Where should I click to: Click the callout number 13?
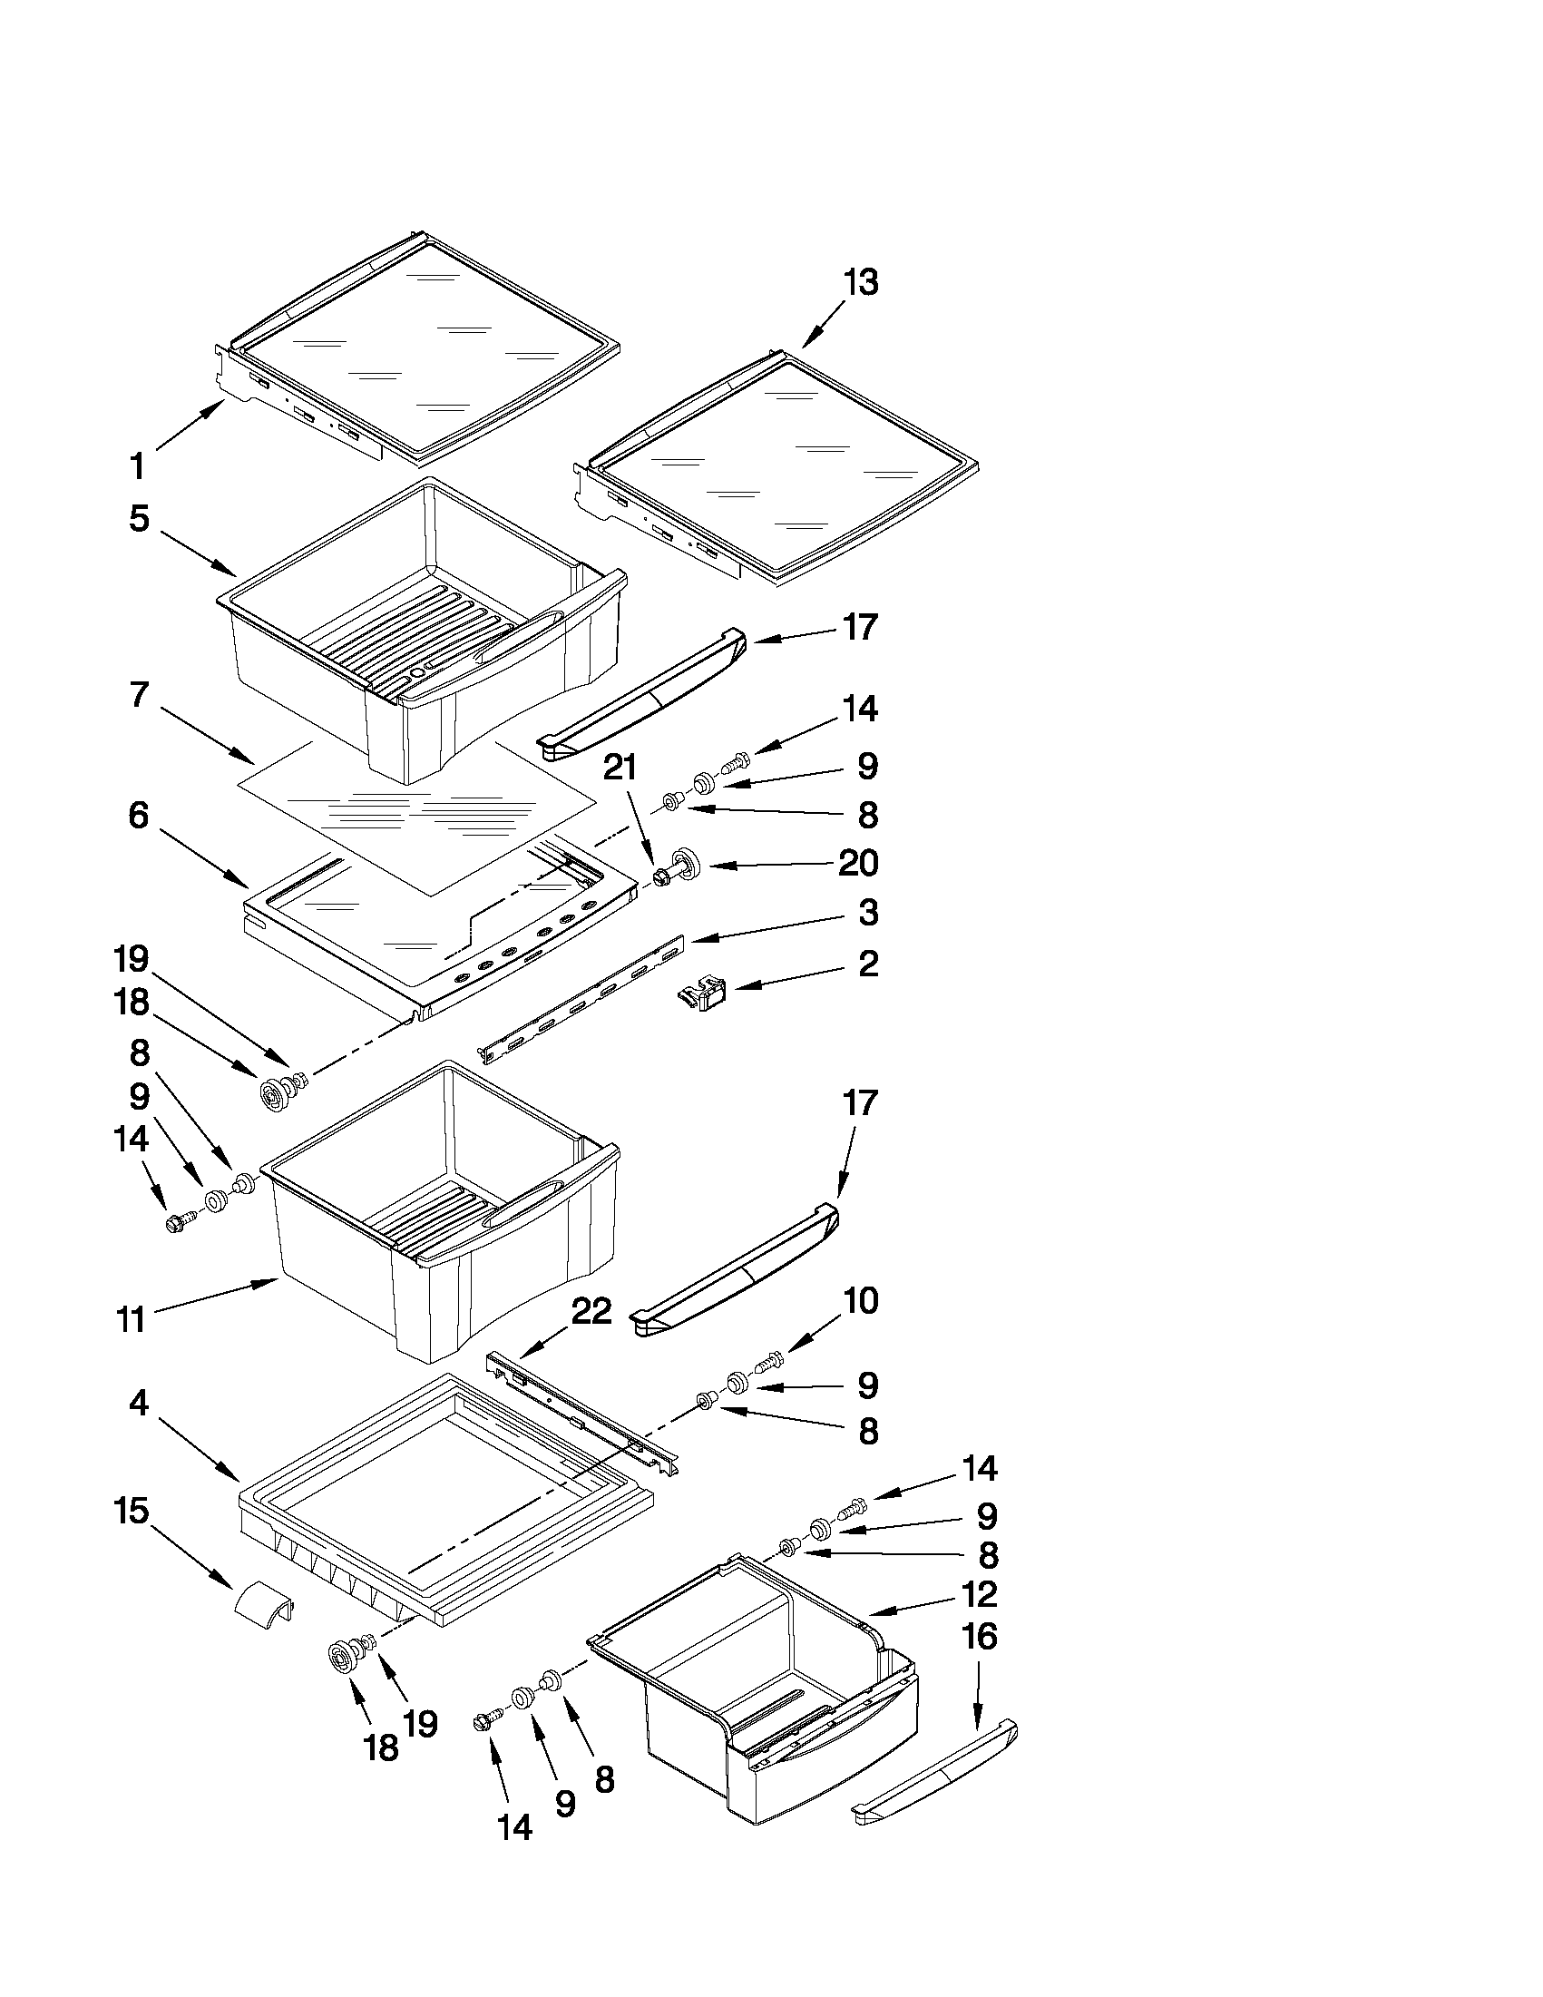pos(860,282)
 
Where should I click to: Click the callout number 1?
pos(137,466)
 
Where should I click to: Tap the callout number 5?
pos(138,518)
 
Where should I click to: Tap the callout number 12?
pos(979,1594)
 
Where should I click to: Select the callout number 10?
pos(859,1299)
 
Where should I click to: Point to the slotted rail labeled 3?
pos(585,996)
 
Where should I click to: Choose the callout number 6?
pos(138,814)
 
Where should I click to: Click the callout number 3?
pos(866,912)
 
